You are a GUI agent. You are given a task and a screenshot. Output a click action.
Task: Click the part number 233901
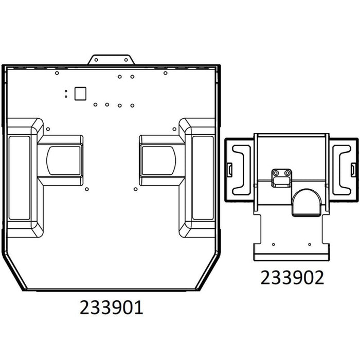[x=112, y=308]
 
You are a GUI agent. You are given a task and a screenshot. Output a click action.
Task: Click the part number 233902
[x=292, y=278]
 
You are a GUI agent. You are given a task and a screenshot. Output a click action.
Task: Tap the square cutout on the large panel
[x=80, y=94]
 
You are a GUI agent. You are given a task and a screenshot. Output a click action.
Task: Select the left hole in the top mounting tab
[x=96, y=60]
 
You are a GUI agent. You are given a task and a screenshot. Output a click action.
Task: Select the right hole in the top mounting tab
[x=126, y=60]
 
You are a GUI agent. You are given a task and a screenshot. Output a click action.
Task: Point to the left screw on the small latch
[x=276, y=173]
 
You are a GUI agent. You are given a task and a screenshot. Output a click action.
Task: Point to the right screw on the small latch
[x=287, y=173]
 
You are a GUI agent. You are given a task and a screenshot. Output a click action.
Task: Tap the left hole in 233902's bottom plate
[x=274, y=244]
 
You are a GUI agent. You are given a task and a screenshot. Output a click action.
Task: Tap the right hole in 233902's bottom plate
[x=310, y=244]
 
